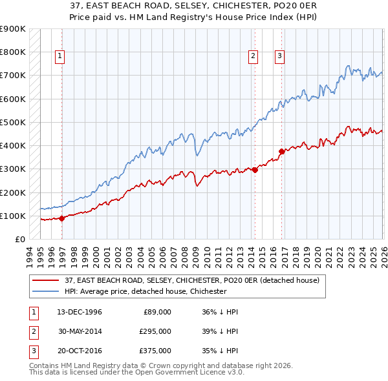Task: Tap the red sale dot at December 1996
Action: tap(62, 218)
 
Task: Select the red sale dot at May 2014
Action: tap(255, 170)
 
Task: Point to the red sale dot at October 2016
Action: tap(282, 151)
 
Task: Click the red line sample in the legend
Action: tap(46, 281)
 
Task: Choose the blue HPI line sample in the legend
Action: tap(46, 292)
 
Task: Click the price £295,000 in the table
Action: tap(156, 331)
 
